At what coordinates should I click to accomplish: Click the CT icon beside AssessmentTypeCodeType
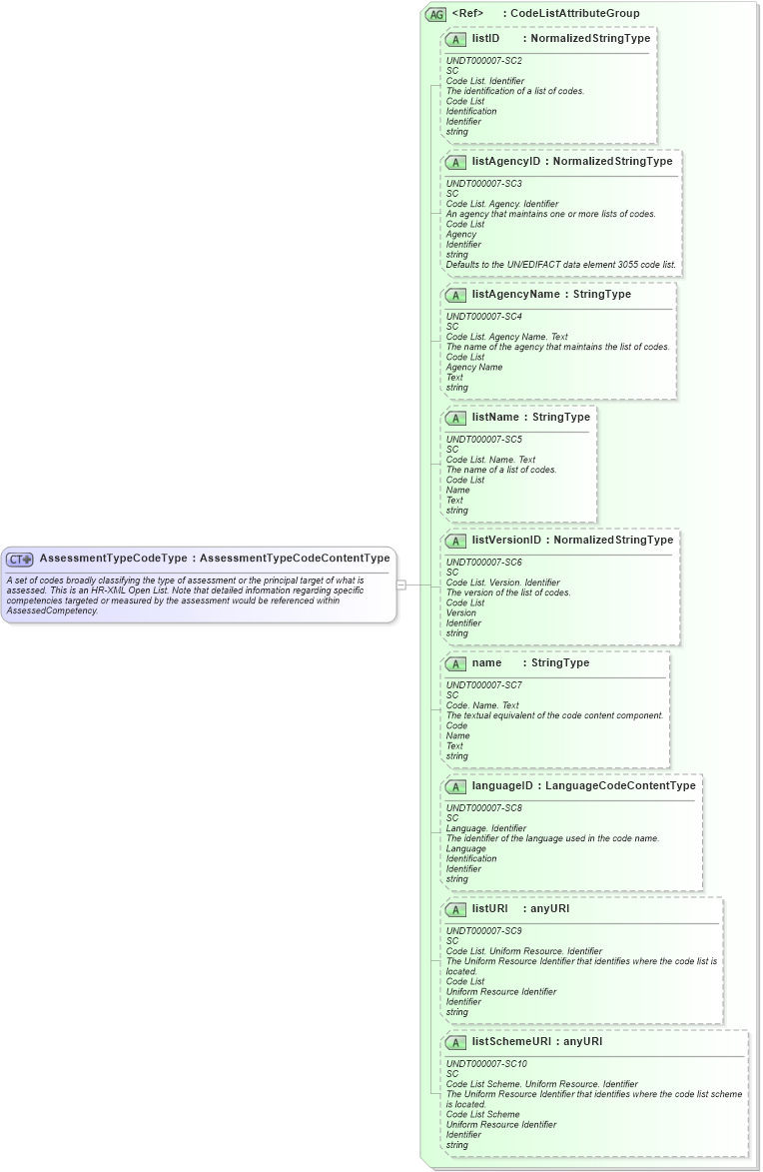(x=20, y=560)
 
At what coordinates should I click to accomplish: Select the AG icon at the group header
(x=435, y=14)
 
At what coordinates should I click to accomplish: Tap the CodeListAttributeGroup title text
(x=575, y=14)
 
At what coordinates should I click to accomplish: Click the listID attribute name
(x=485, y=39)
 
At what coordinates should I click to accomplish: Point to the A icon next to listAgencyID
(x=455, y=162)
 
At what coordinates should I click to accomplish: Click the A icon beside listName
(x=455, y=418)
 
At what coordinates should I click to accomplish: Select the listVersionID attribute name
(x=506, y=541)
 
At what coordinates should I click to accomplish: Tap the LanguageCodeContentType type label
(x=620, y=786)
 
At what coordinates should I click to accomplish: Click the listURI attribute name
(x=489, y=909)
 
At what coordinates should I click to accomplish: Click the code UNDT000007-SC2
(x=483, y=61)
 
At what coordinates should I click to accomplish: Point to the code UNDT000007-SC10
(x=486, y=1064)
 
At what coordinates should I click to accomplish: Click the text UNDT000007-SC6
(x=483, y=563)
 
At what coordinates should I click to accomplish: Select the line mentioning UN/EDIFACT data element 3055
(x=561, y=265)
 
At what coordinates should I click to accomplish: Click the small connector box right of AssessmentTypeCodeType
(x=401, y=585)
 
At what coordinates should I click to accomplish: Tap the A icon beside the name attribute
(x=455, y=663)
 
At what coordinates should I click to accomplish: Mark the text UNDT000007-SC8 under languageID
(x=483, y=808)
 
